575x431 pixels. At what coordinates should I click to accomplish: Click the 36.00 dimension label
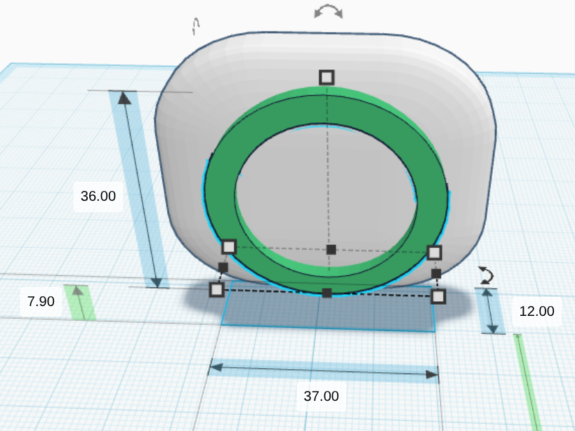click(x=98, y=196)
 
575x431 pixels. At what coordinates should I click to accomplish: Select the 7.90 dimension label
click(x=41, y=301)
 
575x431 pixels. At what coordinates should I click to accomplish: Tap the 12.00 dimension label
click(x=537, y=311)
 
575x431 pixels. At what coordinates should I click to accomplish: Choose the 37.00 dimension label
click(x=322, y=396)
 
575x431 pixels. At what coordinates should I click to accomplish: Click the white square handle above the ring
click(x=326, y=78)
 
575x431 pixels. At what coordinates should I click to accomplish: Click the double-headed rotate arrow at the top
click(x=329, y=11)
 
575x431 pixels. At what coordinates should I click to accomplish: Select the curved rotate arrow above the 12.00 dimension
click(x=487, y=275)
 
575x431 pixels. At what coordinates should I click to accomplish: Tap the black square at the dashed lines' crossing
click(x=331, y=250)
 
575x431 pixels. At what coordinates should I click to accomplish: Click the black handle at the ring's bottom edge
click(x=326, y=293)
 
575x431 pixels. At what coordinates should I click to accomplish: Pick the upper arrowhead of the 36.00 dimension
click(x=125, y=98)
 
